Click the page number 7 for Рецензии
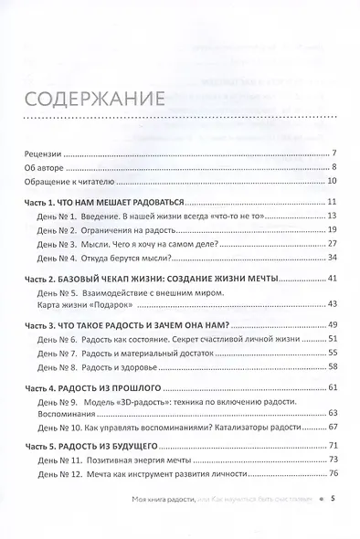[x=335, y=152]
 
